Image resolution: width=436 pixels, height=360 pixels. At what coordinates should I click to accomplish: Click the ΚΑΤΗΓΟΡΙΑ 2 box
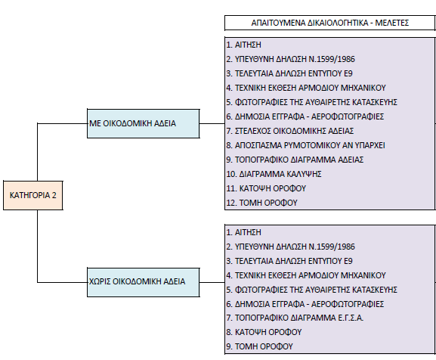point(33,195)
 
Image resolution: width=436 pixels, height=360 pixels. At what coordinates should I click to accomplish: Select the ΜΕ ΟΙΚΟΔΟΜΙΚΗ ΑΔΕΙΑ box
point(144,123)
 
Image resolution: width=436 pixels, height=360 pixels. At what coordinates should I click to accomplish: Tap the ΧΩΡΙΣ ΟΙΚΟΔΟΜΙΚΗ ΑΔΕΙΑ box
point(144,282)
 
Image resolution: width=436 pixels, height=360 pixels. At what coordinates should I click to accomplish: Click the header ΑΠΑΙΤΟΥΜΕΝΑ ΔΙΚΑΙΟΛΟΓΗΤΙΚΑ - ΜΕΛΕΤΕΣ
point(330,23)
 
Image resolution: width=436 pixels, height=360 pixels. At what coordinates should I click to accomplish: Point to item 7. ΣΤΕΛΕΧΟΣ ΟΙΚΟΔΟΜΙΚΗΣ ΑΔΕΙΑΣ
point(289,131)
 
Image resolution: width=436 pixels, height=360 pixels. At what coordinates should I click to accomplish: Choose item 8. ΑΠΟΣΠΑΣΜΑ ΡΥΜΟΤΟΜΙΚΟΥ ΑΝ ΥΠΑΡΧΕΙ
point(305,145)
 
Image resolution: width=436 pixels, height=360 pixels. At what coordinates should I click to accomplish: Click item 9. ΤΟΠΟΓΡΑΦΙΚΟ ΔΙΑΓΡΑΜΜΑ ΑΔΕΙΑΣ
point(295,160)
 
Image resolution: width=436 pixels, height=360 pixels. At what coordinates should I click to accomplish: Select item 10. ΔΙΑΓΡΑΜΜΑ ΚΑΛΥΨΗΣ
point(274,174)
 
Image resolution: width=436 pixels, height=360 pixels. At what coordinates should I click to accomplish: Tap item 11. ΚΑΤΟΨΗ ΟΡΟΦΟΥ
point(266,188)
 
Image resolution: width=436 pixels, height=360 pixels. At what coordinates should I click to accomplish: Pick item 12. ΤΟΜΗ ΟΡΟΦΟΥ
point(262,203)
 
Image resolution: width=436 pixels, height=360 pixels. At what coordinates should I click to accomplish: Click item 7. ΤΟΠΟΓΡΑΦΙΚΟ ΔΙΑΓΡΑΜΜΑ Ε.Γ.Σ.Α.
point(295,318)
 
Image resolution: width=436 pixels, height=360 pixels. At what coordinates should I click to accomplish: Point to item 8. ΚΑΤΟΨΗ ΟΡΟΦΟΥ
point(264,332)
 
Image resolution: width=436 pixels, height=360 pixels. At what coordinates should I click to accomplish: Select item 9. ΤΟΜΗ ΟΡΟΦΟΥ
point(260,346)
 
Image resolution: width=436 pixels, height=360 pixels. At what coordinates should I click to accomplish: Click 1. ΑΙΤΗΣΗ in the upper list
point(244,45)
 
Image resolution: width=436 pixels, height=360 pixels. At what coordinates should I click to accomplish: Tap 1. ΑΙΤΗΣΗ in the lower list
point(244,232)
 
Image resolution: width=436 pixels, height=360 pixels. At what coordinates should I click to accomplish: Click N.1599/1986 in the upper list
point(332,59)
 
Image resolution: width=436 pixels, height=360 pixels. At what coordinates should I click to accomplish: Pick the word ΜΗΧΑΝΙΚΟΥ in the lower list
point(363,275)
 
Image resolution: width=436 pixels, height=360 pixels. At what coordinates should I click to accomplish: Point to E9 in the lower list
point(348,261)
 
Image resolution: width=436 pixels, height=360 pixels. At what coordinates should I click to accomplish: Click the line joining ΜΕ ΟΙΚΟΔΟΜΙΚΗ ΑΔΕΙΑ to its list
point(212,123)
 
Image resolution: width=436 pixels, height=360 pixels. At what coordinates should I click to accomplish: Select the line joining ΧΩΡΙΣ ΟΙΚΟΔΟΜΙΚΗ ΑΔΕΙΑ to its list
point(212,282)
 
